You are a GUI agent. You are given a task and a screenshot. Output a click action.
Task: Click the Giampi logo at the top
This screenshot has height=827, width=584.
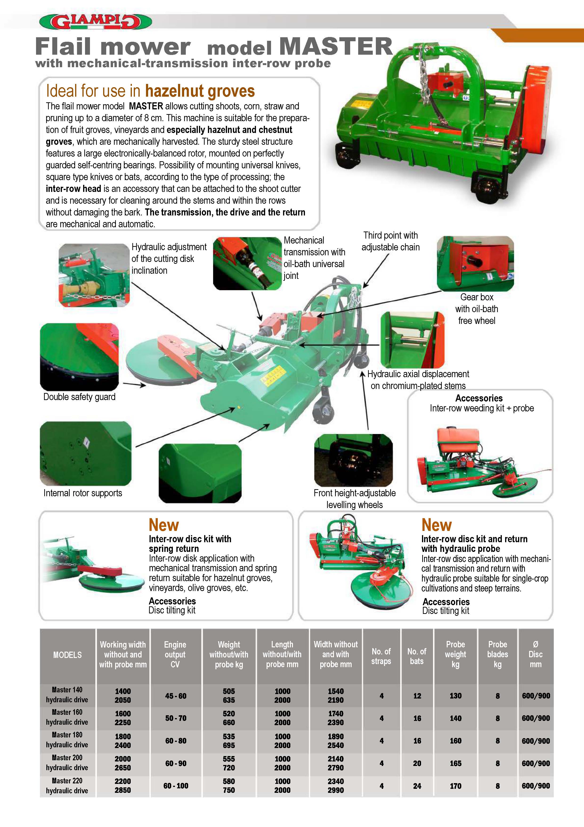95,22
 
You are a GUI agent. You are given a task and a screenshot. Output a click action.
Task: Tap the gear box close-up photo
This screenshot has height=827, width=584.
475,263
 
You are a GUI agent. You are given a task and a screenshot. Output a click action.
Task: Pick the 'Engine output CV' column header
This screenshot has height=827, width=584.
175,654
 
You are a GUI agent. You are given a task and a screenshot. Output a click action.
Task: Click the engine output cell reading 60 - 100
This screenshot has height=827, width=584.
176,786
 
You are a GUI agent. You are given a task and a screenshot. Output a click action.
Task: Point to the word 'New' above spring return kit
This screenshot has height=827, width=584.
164,525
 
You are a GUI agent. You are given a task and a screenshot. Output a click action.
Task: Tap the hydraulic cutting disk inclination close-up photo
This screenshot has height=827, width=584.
94,275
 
